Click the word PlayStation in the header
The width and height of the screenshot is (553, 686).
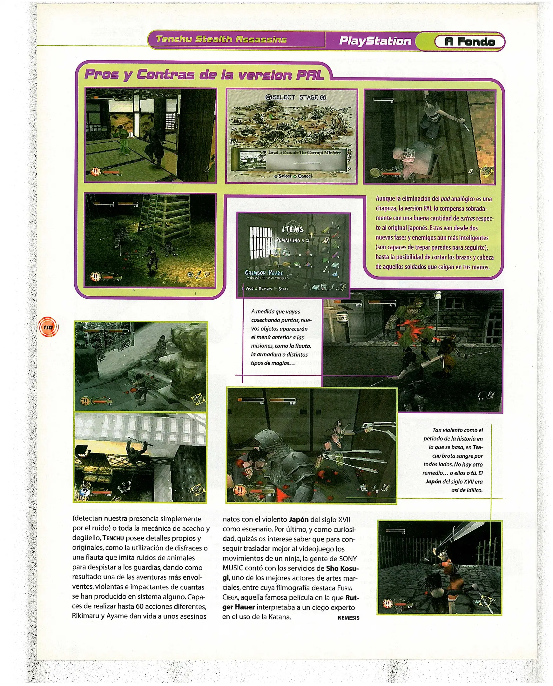point(375,41)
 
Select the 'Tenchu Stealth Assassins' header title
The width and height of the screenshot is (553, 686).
point(221,39)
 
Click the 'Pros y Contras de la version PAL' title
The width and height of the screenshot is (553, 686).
point(204,75)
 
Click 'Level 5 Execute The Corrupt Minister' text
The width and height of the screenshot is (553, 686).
point(304,152)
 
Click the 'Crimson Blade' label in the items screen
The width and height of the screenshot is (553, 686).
point(264,272)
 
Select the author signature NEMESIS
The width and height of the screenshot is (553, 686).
point(348,617)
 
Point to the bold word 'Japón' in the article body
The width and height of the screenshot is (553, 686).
point(299,520)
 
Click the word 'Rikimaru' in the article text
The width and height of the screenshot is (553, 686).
point(85,616)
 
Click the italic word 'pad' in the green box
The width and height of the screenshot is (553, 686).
point(445,199)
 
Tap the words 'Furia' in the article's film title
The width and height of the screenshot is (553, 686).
point(345,588)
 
